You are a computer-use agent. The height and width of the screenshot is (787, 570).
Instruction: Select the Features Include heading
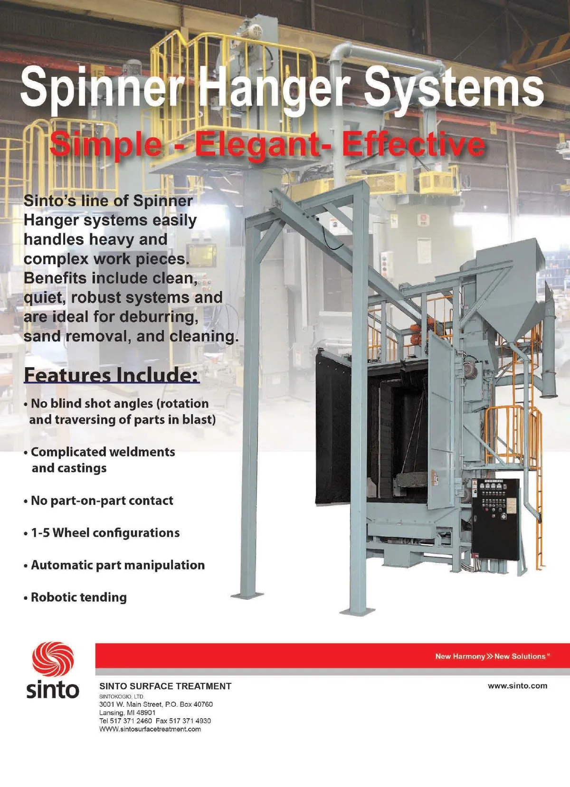(x=112, y=375)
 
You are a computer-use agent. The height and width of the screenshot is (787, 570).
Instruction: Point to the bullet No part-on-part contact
(x=98, y=500)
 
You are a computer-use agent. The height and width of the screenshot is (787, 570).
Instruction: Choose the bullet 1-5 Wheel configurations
(x=102, y=532)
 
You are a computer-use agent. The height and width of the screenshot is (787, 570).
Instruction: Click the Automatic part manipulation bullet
(x=114, y=565)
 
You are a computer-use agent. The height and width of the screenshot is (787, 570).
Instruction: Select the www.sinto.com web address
(x=517, y=685)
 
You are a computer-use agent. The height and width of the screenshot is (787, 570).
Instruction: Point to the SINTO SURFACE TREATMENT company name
(x=165, y=686)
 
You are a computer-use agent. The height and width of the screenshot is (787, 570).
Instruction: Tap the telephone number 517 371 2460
(x=131, y=721)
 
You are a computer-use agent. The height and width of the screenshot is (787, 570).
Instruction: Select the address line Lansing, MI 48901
(x=127, y=712)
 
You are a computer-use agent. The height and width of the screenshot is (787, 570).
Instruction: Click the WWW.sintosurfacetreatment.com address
(x=150, y=729)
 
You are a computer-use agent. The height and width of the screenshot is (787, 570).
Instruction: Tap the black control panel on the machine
(x=495, y=520)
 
